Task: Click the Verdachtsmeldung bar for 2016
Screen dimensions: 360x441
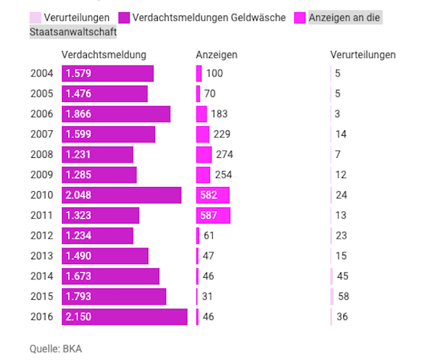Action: (124, 317)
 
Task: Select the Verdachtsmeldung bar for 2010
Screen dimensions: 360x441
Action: (121, 195)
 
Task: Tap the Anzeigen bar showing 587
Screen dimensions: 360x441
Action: (213, 215)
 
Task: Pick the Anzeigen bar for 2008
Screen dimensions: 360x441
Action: (204, 154)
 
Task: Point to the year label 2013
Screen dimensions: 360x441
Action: (41, 256)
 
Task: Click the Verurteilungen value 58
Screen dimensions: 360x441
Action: (342, 297)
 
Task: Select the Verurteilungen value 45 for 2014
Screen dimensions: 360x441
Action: (342, 276)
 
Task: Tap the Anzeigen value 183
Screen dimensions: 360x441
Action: (219, 114)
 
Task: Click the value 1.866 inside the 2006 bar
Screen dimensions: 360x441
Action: (78, 114)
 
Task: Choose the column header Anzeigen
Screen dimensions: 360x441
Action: (216, 54)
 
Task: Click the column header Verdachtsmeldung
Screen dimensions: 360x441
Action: (104, 54)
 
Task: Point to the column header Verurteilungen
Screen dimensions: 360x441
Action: (363, 54)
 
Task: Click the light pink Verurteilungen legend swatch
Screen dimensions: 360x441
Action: (35, 17)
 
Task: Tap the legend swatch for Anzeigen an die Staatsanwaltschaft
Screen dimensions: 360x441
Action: (300, 17)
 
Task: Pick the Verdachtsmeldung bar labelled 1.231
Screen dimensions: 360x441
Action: (97, 154)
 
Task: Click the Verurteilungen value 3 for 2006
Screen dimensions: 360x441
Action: (338, 114)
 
